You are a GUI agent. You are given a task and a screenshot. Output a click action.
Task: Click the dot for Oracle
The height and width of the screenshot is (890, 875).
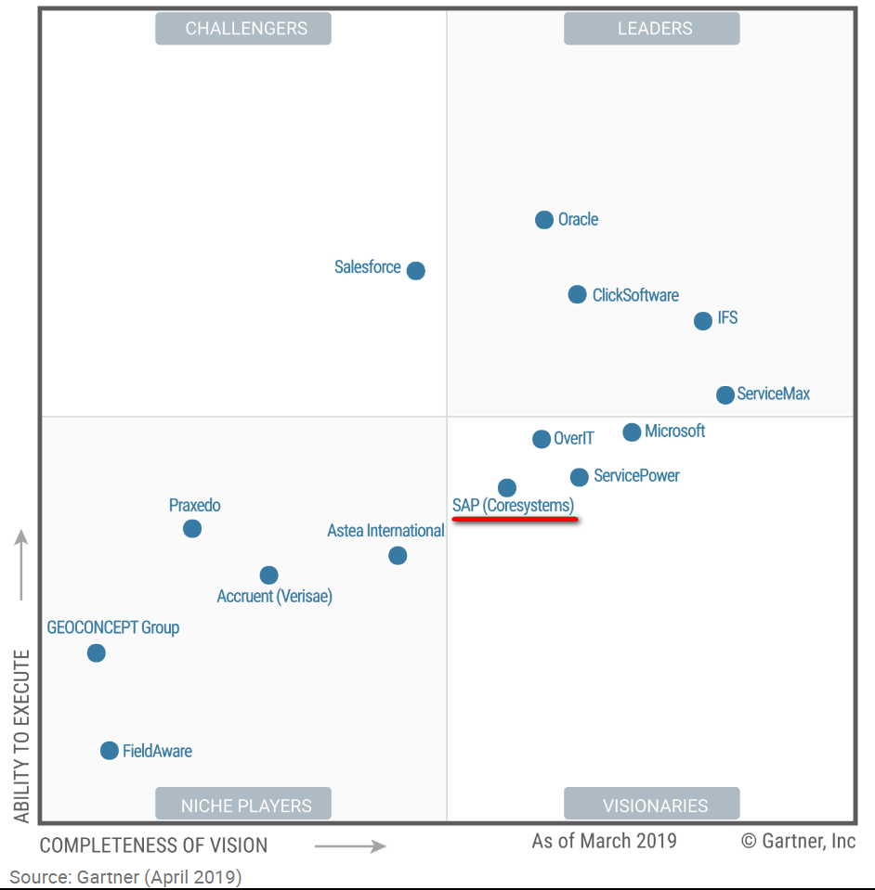544,220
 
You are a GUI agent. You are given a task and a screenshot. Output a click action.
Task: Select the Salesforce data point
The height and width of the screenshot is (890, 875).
416,271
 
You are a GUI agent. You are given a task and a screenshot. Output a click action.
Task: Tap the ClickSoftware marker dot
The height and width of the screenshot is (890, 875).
578,294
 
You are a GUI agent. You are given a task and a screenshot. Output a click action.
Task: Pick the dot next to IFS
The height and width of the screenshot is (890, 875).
703,321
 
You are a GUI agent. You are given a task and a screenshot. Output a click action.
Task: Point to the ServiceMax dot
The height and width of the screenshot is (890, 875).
725,394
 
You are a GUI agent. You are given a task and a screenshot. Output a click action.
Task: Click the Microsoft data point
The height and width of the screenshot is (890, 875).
632,432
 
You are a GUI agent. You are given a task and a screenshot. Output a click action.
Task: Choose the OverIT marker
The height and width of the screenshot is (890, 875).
542,439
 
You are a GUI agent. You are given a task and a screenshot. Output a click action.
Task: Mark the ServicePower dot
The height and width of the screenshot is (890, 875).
579,477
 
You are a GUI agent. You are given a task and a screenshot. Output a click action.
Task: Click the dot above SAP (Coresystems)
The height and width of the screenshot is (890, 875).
506,488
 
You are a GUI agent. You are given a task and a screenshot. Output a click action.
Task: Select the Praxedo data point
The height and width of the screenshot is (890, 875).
192,529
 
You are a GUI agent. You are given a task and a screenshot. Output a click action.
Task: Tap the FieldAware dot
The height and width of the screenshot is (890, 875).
110,751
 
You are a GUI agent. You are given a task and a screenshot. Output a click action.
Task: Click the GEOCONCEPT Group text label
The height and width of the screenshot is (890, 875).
113,627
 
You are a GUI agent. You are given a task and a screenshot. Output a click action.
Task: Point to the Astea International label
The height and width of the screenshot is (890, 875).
385,531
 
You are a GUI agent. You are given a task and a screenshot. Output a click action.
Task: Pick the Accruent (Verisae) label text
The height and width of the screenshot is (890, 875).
274,597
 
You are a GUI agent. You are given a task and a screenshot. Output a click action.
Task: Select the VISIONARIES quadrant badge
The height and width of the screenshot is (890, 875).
655,806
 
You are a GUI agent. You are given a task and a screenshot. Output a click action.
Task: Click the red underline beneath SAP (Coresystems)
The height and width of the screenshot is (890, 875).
516,520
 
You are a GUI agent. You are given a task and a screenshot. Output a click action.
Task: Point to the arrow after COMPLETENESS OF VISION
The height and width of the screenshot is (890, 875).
350,845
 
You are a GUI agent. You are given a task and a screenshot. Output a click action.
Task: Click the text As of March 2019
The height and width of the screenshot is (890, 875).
604,841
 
